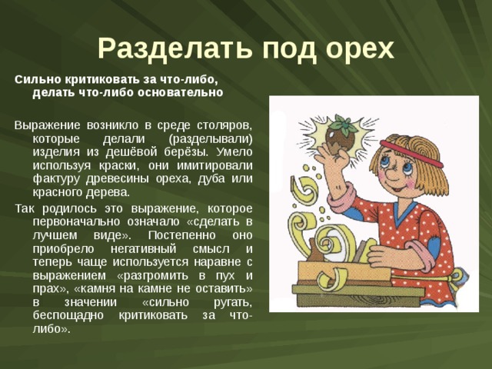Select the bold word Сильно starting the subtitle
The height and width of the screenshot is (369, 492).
(x=33, y=78)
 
